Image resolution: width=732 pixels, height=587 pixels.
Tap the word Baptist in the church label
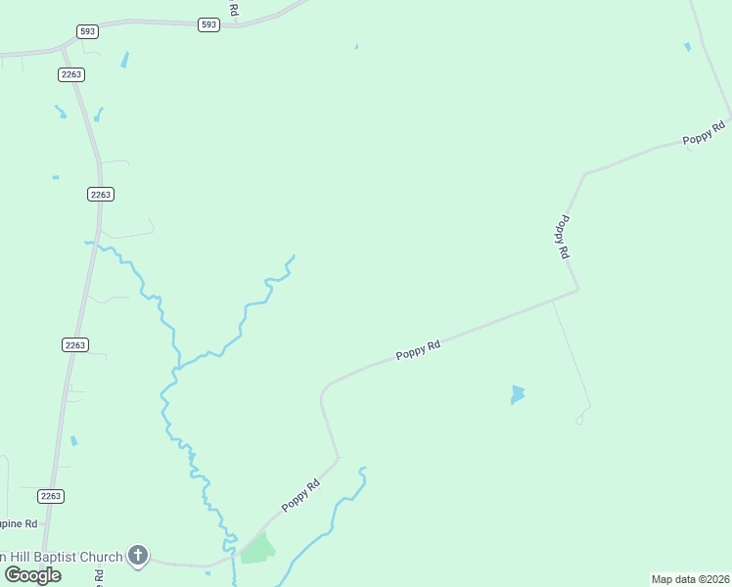[x=64, y=557]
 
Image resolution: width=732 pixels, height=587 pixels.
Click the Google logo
[x=33, y=574]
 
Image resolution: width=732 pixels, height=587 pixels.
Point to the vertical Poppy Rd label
[x=562, y=237]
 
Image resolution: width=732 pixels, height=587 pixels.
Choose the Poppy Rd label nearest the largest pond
[x=419, y=348]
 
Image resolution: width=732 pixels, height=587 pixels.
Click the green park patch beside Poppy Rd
[x=257, y=550]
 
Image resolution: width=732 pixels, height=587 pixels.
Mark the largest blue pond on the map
[x=517, y=394]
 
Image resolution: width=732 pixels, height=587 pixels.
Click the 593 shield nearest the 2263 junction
[x=88, y=31]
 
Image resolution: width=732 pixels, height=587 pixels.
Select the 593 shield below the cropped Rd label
[x=207, y=24]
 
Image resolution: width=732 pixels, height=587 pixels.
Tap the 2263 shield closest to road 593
[x=70, y=74]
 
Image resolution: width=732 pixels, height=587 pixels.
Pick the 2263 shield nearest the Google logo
[x=51, y=496]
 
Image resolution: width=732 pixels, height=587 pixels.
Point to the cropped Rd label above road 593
[x=233, y=8]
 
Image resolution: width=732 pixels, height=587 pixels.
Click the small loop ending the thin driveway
[x=579, y=421]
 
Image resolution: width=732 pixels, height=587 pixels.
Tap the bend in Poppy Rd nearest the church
[x=337, y=458]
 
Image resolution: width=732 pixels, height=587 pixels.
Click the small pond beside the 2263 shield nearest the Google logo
[x=73, y=441]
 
